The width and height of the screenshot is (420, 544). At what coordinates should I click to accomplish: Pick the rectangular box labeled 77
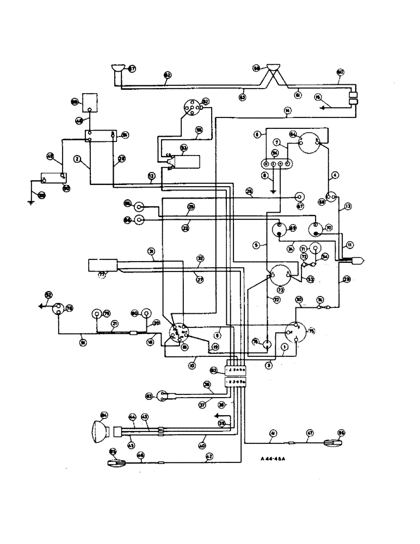(102, 265)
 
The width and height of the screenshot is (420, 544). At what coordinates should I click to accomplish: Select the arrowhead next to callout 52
(41, 306)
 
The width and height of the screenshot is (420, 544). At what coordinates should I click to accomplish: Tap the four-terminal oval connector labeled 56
(276, 163)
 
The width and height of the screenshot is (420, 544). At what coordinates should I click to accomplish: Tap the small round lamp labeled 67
(299, 196)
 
